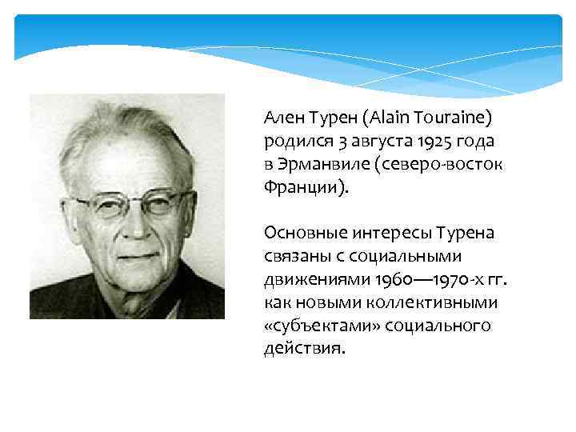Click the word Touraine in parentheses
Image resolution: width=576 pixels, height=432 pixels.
453,118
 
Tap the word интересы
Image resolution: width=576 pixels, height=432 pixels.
386,233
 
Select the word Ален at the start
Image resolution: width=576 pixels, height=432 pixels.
281,118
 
